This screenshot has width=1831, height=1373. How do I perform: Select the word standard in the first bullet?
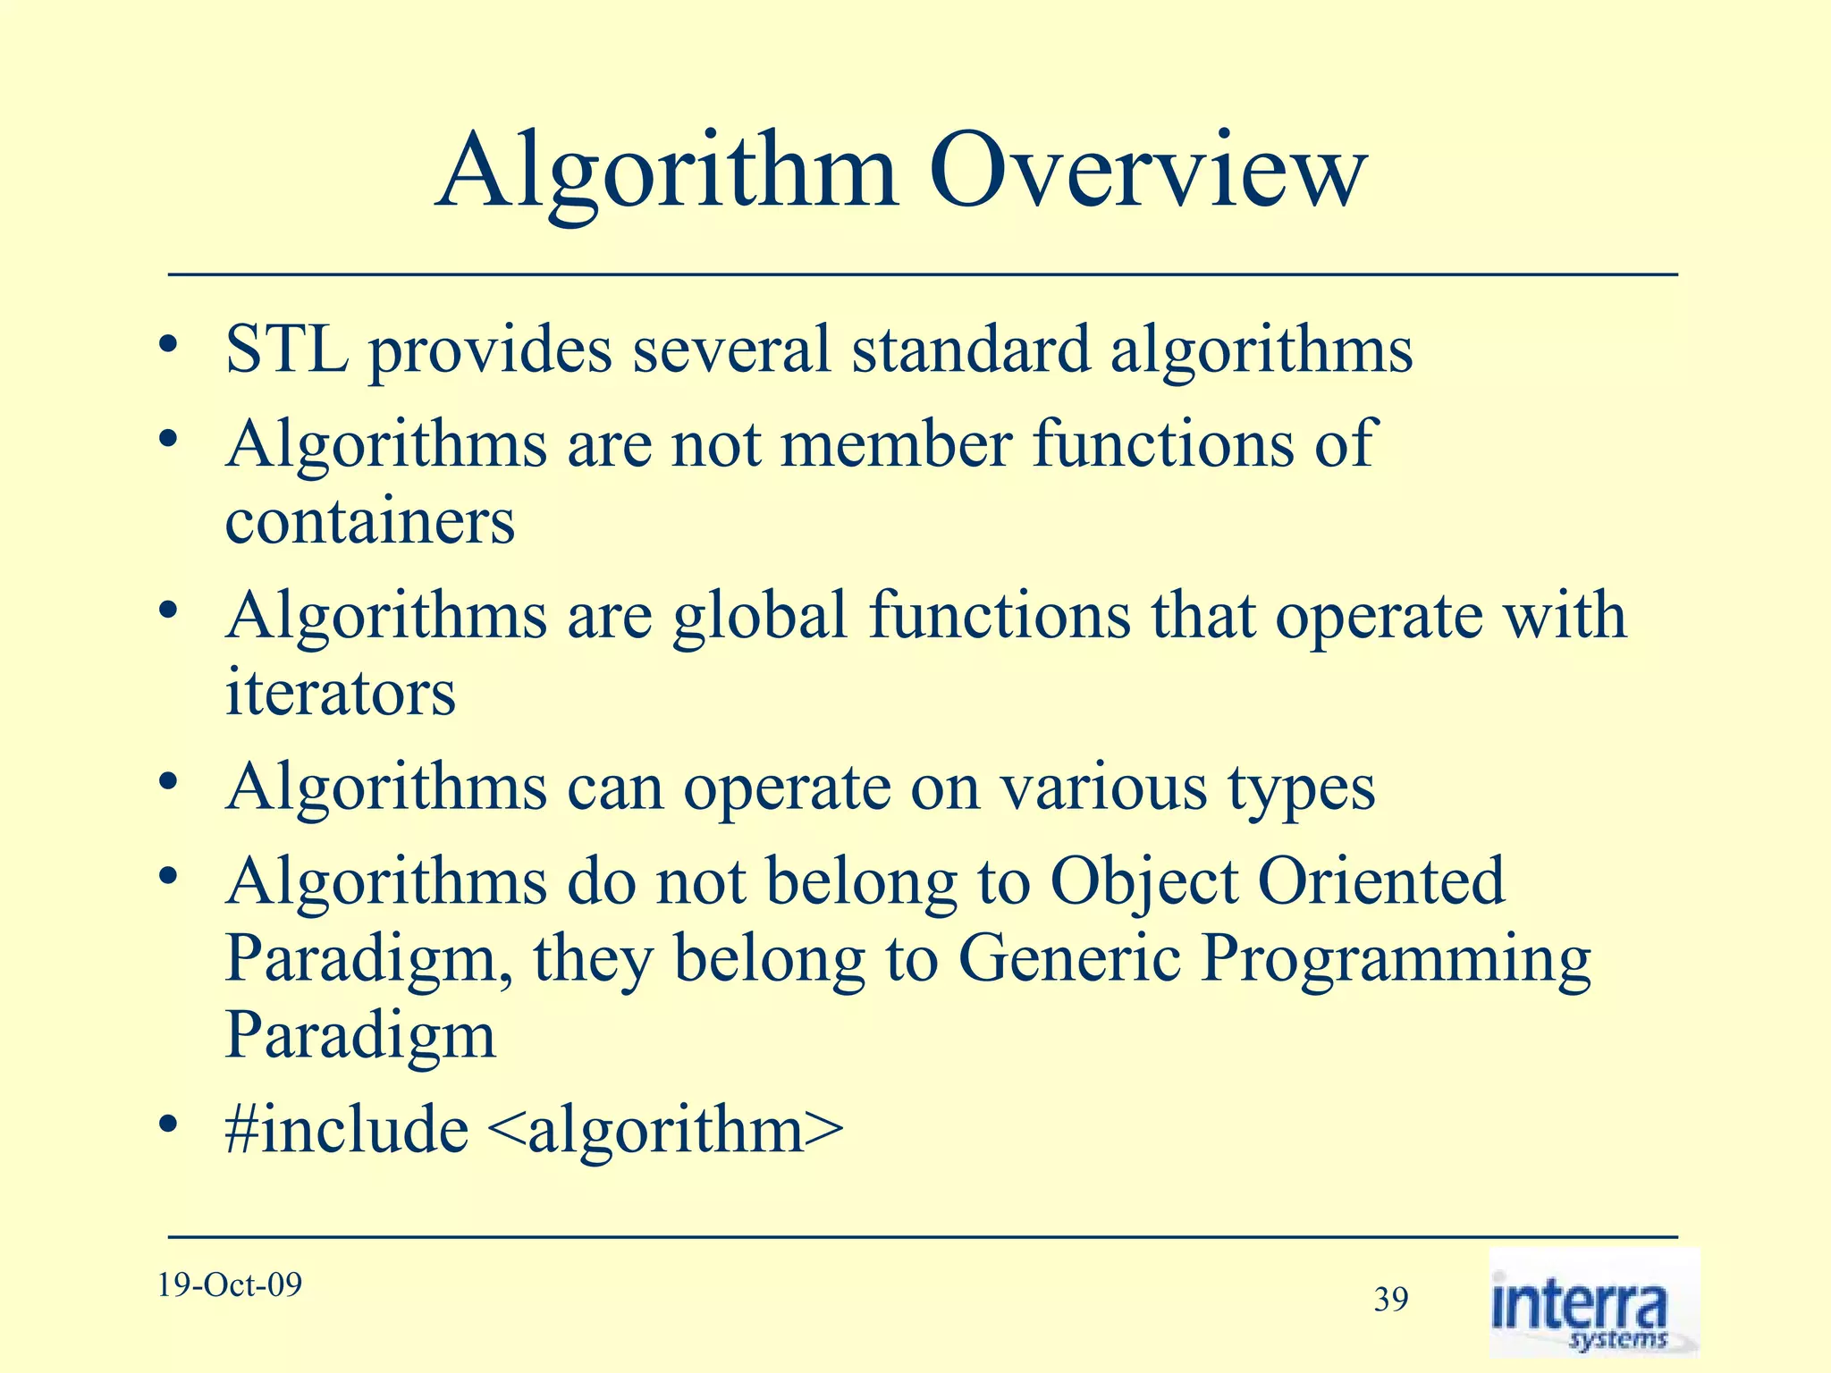point(970,350)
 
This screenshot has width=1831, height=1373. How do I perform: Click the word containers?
point(370,521)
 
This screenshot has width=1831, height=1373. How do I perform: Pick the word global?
point(760,617)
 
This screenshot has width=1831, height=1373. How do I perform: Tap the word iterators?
point(341,693)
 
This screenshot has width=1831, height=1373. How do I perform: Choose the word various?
point(1102,788)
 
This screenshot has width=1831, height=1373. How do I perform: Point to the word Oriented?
point(1381,882)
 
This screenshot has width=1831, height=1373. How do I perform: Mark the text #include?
point(347,1130)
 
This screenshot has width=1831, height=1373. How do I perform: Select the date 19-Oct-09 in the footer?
point(230,1285)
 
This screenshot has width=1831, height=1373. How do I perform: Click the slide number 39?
point(1391,1300)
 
